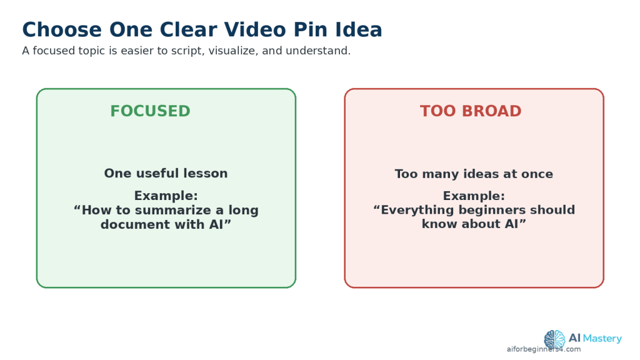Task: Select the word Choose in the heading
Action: coord(62,30)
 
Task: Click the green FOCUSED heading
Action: coord(150,111)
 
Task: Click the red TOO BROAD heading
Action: coord(471,111)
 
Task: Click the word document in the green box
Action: coord(136,224)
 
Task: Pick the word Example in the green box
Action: coord(164,196)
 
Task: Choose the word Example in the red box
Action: coord(472,196)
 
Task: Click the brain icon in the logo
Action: coord(554,339)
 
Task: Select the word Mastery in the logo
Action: coord(602,338)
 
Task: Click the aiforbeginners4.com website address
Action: coord(544,349)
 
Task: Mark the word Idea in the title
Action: coord(359,30)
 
